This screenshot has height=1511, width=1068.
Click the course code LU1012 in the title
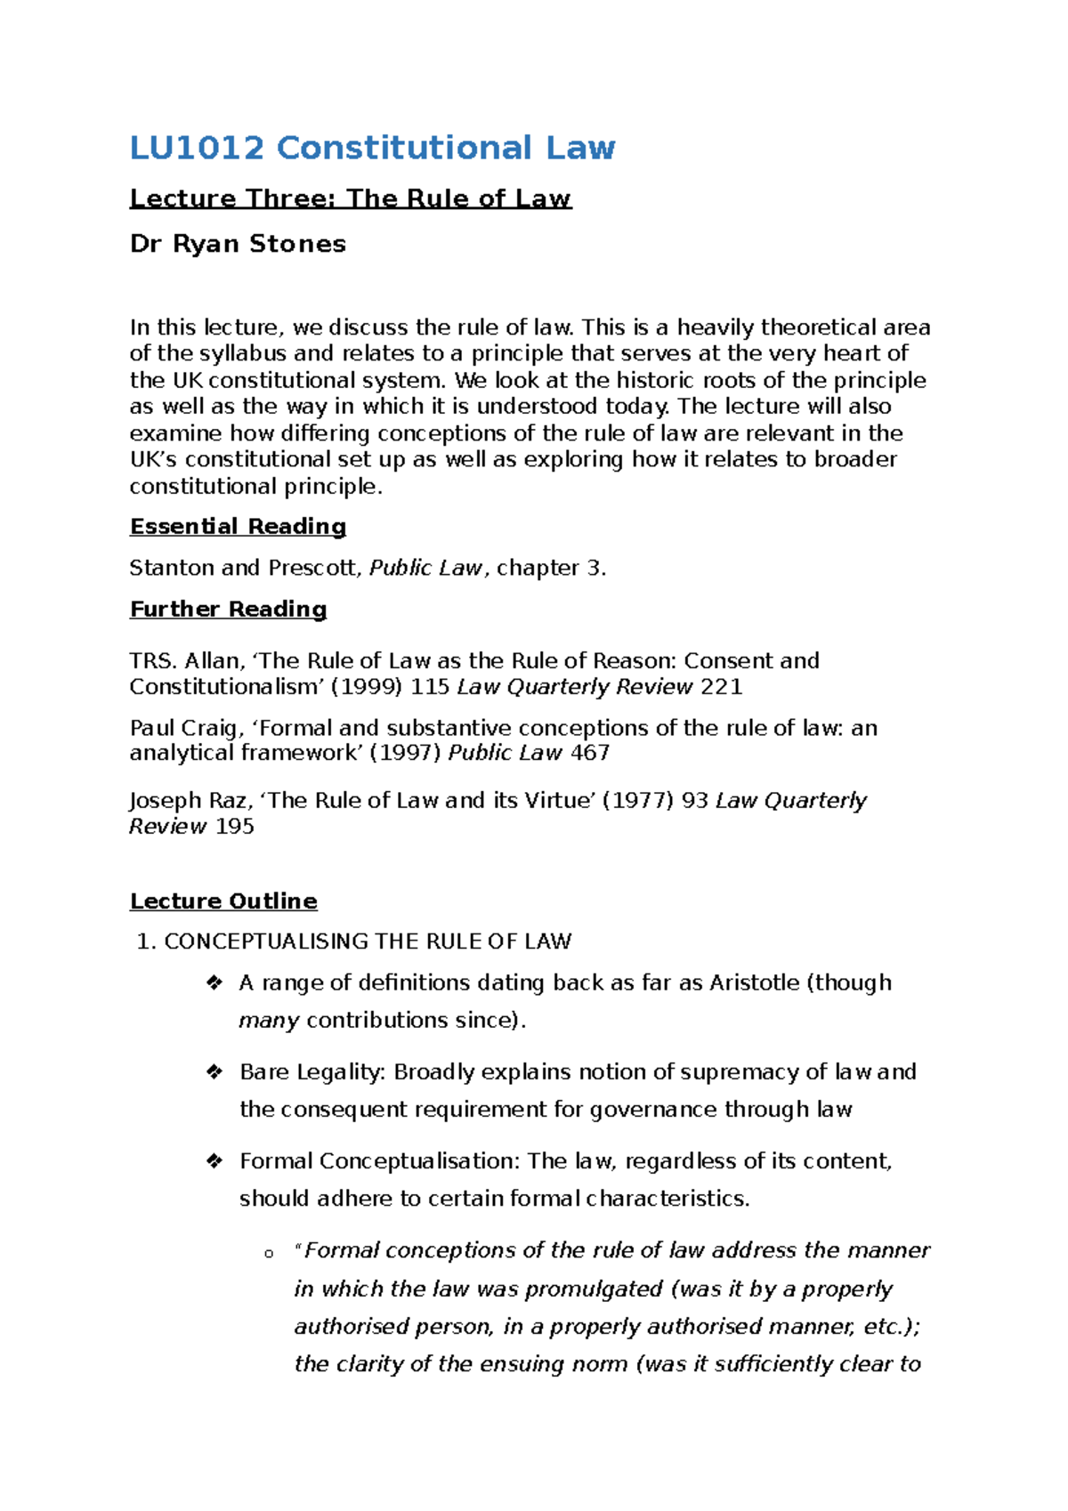pyautogui.click(x=197, y=148)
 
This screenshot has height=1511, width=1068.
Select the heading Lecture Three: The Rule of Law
pyautogui.click(x=350, y=198)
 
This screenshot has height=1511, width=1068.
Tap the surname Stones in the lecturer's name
pyautogui.click(x=297, y=244)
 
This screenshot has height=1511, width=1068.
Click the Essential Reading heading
pyautogui.click(x=238, y=527)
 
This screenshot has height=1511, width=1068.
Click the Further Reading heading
pyautogui.click(x=228, y=610)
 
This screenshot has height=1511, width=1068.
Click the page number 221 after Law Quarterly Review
pyautogui.click(x=721, y=687)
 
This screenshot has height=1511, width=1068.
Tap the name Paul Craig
pyautogui.click(x=182, y=728)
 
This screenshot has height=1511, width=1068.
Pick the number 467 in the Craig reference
pyautogui.click(x=589, y=753)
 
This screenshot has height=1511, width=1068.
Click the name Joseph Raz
pyautogui.click(x=189, y=800)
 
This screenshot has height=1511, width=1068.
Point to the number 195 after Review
pyautogui.click(x=234, y=827)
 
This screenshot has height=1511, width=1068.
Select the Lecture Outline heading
pyautogui.click(x=223, y=901)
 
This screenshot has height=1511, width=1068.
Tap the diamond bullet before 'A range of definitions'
pyautogui.click(x=214, y=983)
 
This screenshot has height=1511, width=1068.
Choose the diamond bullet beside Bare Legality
pyautogui.click(x=214, y=1072)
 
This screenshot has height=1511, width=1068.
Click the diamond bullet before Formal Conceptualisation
pyautogui.click(x=214, y=1161)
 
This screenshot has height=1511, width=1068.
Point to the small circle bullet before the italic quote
pyautogui.click(x=269, y=1254)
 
